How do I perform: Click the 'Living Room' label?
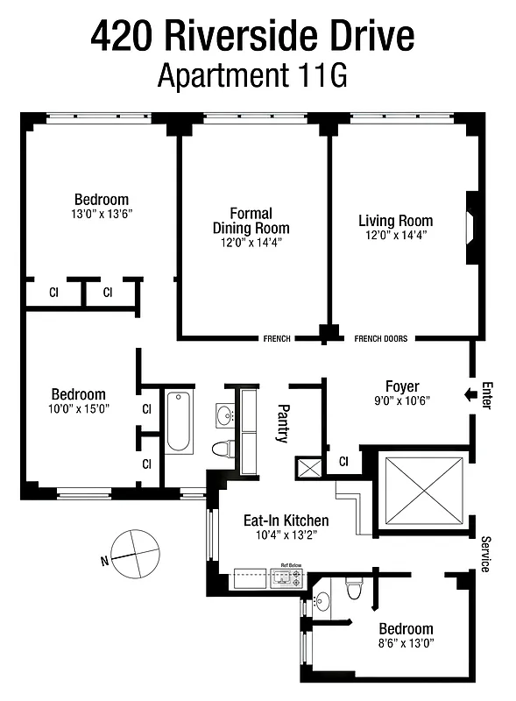(x=396, y=221)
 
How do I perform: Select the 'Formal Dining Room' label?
(x=251, y=221)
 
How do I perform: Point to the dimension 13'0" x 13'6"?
(x=102, y=214)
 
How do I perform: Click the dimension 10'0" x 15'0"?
(x=78, y=408)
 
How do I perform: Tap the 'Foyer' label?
(x=402, y=386)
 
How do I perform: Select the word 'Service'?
(x=484, y=554)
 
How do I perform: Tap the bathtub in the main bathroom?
(x=178, y=421)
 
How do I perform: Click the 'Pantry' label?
(x=283, y=422)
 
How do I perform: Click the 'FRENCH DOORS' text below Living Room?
(x=380, y=338)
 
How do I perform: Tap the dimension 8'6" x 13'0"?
(x=406, y=644)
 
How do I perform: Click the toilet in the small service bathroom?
(x=353, y=586)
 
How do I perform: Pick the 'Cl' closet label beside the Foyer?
(x=343, y=462)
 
